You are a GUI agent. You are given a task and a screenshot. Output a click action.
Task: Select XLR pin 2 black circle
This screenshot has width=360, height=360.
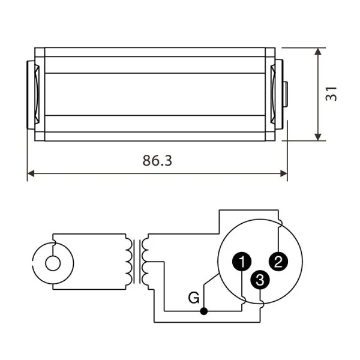(277, 260)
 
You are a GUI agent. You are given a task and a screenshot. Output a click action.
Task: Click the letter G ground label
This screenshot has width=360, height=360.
(193, 297)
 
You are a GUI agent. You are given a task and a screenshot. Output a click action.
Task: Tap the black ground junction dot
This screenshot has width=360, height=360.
(205, 311)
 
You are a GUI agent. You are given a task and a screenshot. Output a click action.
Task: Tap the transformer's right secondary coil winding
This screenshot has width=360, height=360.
(148, 261)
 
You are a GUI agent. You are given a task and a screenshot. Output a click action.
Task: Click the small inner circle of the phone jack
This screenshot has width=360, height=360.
(53, 262)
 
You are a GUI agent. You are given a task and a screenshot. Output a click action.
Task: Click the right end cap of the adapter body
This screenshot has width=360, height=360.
(277, 94)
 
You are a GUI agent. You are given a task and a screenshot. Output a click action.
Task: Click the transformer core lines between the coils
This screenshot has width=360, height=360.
(139, 262)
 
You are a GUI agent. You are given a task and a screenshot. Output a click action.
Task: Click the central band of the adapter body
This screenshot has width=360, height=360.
(155, 94)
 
